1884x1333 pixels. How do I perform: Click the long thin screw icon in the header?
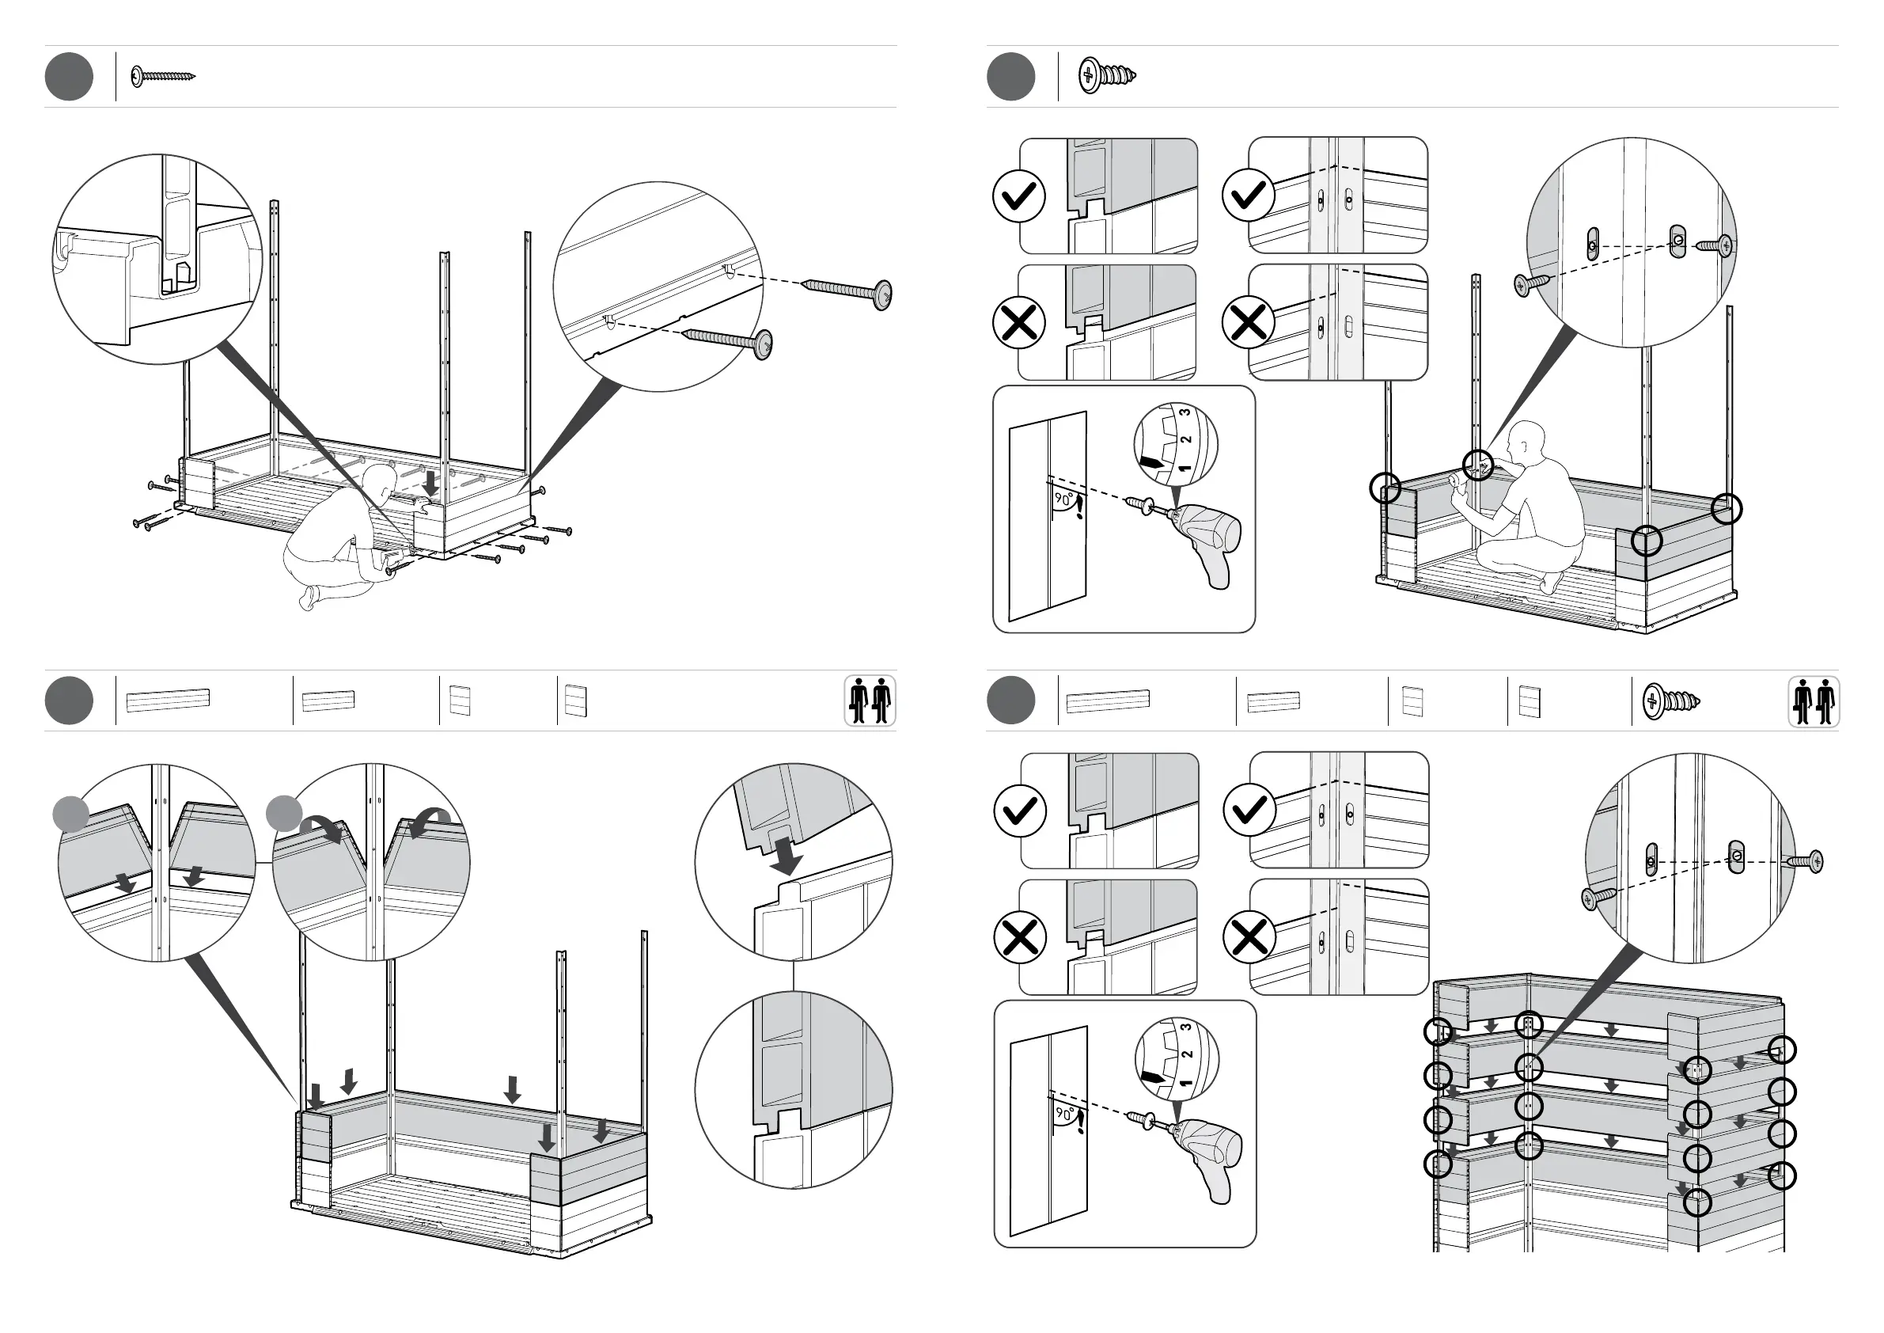click(163, 76)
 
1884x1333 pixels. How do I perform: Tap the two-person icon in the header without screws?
click(870, 701)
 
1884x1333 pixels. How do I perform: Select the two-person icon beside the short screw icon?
click(1814, 702)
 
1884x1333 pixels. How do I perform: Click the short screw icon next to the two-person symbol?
click(1670, 702)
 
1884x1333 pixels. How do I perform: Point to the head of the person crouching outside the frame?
click(380, 480)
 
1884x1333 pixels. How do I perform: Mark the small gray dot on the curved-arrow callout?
click(284, 813)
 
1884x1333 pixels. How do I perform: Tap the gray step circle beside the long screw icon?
click(69, 76)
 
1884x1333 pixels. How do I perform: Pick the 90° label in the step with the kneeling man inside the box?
click(1063, 498)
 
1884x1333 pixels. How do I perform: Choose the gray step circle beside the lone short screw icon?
click(1011, 76)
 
